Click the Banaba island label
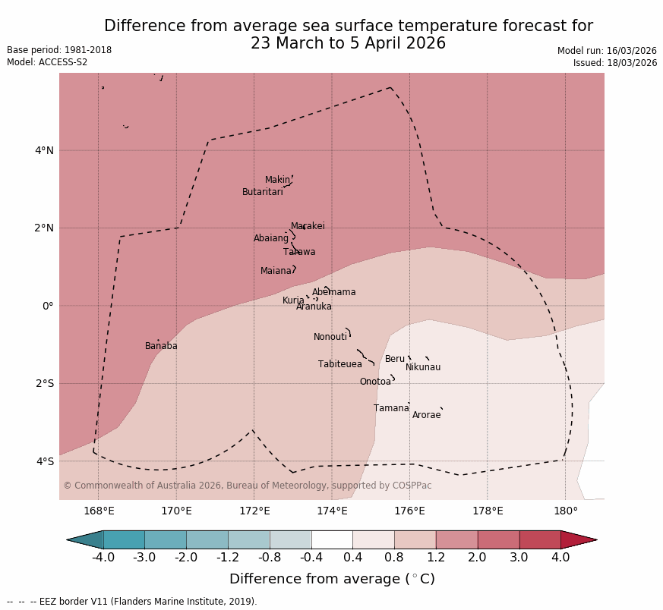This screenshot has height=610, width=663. click(x=161, y=346)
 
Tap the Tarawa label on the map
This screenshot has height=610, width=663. click(x=299, y=252)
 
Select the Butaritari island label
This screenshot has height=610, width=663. click(x=262, y=192)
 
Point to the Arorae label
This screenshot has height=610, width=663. click(x=426, y=415)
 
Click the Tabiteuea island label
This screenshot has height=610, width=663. click(x=339, y=364)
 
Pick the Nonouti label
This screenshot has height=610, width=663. click(x=330, y=337)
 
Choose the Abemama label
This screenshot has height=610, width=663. click(x=333, y=292)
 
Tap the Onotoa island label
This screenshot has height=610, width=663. click(x=375, y=382)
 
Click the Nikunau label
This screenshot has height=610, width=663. click(x=422, y=367)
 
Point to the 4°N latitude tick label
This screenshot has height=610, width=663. click(x=44, y=150)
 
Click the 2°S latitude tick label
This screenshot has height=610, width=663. click(x=44, y=383)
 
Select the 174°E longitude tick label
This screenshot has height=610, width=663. click(x=332, y=511)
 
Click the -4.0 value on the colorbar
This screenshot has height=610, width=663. click(x=103, y=558)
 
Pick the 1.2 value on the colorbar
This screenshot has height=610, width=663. click(x=436, y=558)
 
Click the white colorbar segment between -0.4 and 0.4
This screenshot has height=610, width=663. click(x=332, y=539)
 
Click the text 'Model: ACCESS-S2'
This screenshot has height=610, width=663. click(x=47, y=62)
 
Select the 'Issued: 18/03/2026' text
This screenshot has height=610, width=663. click(x=614, y=63)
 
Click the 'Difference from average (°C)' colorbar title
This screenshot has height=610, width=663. click(x=332, y=579)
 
